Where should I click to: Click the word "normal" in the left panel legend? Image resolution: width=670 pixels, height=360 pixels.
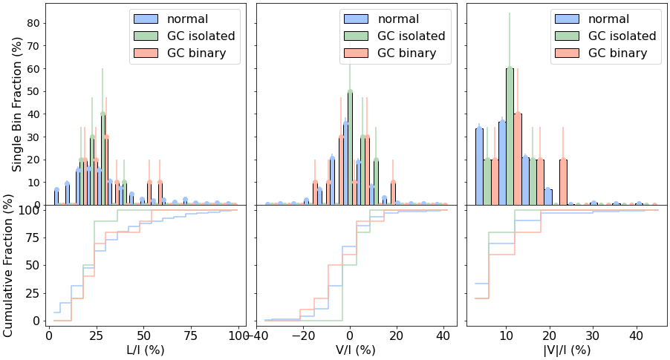tap(187, 19)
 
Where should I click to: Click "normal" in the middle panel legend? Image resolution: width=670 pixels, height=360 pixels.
tap(398, 19)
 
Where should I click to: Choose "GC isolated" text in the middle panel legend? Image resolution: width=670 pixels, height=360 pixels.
tap(412, 36)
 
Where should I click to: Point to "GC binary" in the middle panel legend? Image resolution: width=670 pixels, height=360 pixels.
tap(406, 53)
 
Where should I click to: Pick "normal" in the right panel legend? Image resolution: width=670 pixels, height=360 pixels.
tap(608, 19)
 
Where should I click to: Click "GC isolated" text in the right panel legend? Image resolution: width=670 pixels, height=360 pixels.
tap(622, 36)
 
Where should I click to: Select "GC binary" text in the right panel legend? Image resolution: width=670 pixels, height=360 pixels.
tap(617, 53)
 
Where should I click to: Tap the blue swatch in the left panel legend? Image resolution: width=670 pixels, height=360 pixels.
tap(146, 19)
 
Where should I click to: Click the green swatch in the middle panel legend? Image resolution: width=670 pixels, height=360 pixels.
tap(357, 36)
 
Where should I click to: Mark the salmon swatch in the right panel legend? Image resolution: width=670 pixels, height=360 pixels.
tap(567, 53)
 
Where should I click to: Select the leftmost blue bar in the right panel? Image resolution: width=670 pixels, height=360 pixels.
tap(479, 166)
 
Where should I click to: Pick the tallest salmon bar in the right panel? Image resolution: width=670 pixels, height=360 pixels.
tap(518, 159)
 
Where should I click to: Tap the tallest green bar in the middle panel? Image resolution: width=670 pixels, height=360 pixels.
tap(350, 148)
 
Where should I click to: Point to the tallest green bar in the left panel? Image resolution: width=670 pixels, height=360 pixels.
tap(103, 160)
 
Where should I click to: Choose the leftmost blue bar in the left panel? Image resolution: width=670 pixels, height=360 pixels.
tap(56, 197)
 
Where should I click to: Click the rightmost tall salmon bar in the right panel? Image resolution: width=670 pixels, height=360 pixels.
tap(563, 182)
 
